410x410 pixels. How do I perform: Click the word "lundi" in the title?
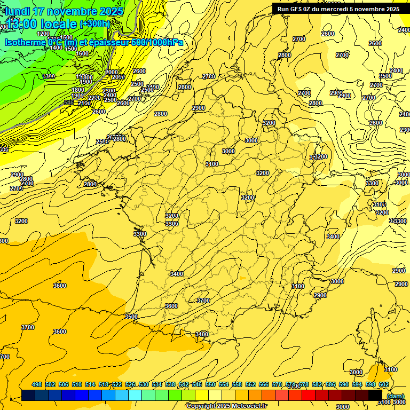click(18, 11)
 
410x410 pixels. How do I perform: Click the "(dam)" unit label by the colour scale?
click(395, 396)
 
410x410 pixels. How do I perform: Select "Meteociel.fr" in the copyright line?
click(245, 406)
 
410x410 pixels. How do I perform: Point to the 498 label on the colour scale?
click(37, 385)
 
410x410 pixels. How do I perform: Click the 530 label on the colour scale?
click(144, 385)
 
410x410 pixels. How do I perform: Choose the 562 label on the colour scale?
click(250, 385)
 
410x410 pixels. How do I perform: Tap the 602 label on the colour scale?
click(384, 385)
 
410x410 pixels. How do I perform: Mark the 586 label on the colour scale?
click(330, 385)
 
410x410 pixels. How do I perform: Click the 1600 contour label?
click(82, 54)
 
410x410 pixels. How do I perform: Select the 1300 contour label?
click(49, 76)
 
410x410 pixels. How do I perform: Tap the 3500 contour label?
click(131, 317)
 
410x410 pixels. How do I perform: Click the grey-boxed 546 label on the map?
click(69, 102)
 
